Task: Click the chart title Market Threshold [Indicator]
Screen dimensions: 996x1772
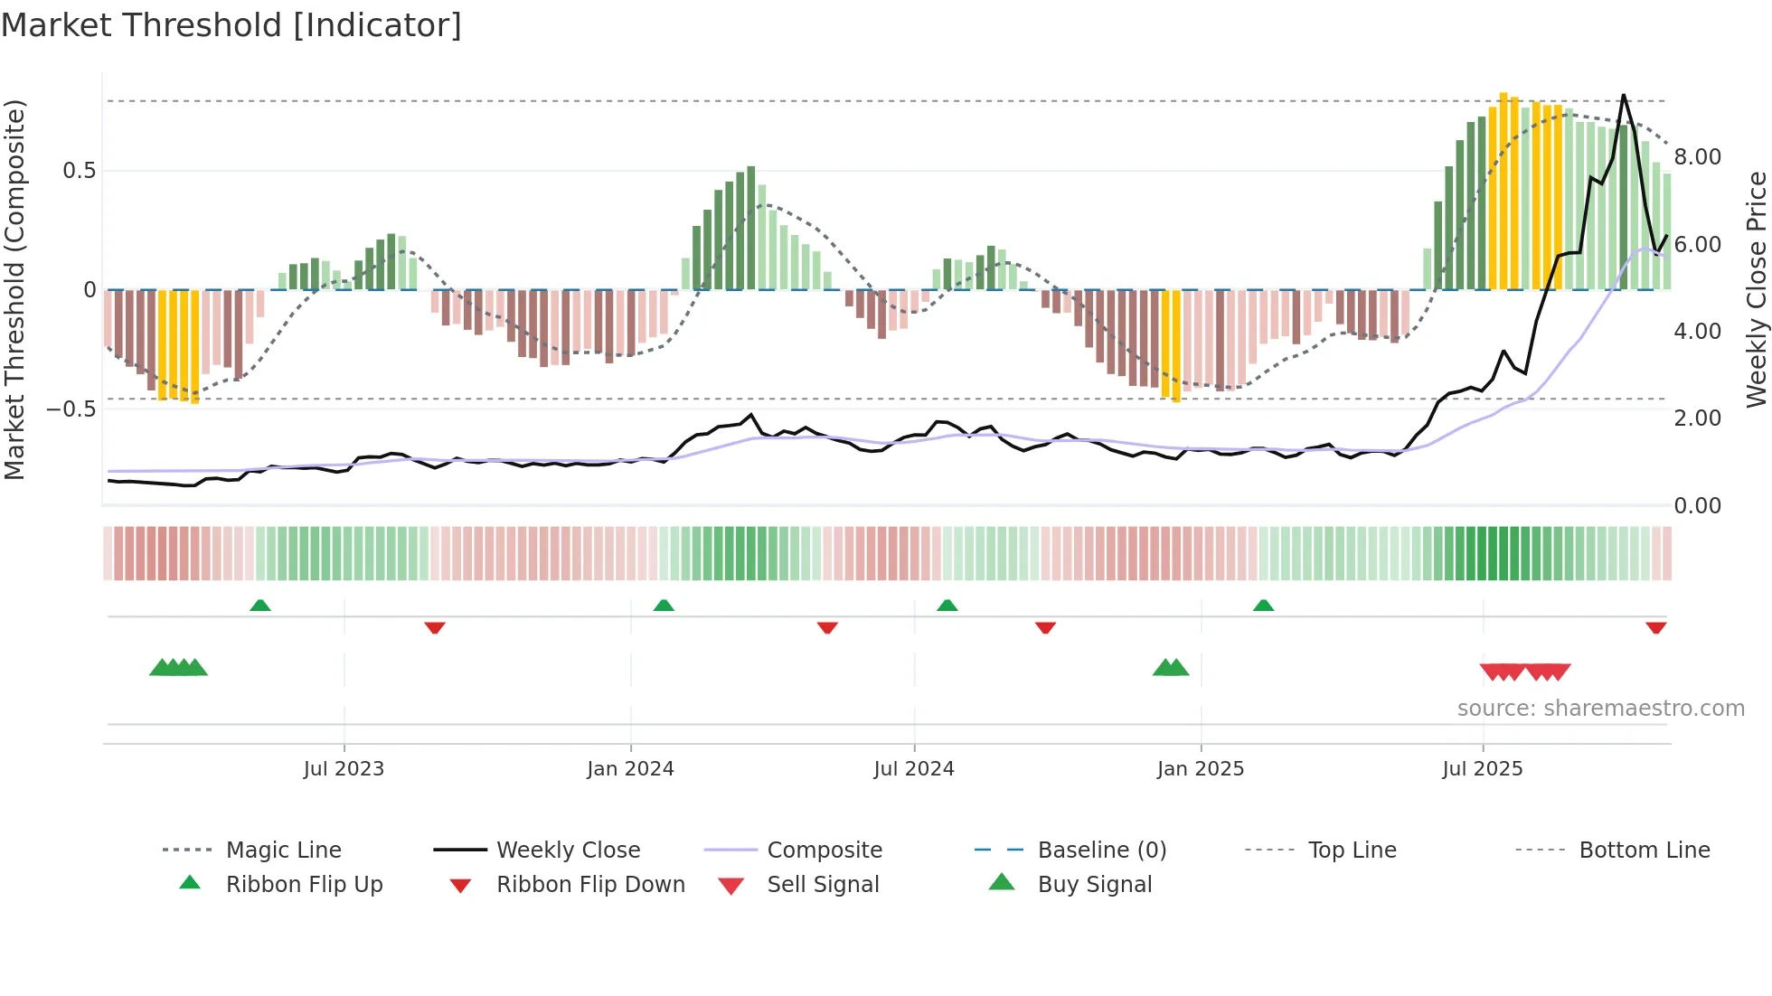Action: [x=231, y=25]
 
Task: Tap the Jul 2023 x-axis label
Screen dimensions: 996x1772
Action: [x=344, y=769]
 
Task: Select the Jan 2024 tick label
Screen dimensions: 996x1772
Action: [x=630, y=769]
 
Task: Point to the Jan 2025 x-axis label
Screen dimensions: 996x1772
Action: [x=1201, y=769]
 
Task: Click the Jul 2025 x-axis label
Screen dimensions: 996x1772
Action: [x=1483, y=769]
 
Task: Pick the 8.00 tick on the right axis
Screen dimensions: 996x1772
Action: [x=1698, y=157]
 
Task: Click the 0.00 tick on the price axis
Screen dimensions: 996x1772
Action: [x=1698, y=506]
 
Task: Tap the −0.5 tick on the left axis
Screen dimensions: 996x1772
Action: [x=71, y=409]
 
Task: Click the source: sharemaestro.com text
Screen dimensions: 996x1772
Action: [x=1600, y=709]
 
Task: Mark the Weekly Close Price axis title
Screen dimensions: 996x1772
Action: [x=1756, y=289]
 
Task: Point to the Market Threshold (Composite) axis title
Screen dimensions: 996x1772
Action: [x=14, y=289]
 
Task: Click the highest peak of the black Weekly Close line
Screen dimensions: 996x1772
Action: [x=1624, y=95]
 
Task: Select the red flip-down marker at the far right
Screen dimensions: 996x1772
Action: [x=1656, y=627]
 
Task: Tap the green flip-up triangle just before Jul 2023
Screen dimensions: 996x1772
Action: [x=260, y=606]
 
